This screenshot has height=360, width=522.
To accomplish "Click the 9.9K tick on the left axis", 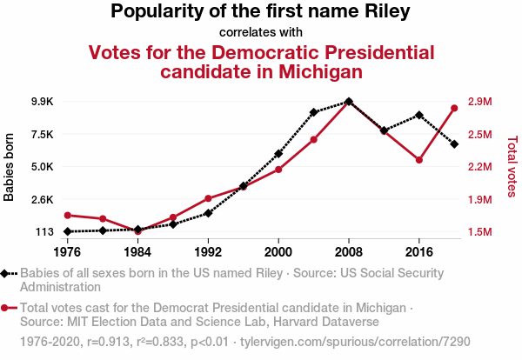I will pyautogui.click(x=42, y=102).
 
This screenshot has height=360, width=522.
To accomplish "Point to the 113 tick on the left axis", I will pyautogui.click(x=44, y=232).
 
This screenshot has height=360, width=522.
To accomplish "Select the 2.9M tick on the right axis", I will pyautogui.click(x=480, y=102).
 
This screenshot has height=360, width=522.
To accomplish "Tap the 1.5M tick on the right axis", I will pyautogui.click(x=480, y=232).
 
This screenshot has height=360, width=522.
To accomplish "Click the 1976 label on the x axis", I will pyautogui.click(x=67, y=251).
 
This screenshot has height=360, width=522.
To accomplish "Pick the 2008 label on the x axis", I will pyautogui.click(x=349, y=251).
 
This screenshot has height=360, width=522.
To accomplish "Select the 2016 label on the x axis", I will pyautogui.click(x=419, y=251).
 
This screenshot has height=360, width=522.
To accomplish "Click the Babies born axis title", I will pyautogui.click(x=10, y=167).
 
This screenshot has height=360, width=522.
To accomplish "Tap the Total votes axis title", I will pyautogui.click(x=512, y=166).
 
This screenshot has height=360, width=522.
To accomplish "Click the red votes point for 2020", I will pyautogui.click(x=454, y=108).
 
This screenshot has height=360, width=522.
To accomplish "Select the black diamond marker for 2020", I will pyautogui.click(x=454, y=143).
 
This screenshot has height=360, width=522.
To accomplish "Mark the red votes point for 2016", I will pyautogui.click(x=419, y=160).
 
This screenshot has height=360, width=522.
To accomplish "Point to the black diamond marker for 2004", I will pyautogui.click(x=314, y=112).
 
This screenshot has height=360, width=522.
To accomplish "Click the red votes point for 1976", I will pyautogui.click(x=67, y=215).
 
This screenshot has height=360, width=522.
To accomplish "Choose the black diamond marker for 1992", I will pyautogui.click(x=208, y=213).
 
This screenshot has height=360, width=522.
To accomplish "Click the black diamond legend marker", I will pyautogui.click(x=6, y=273).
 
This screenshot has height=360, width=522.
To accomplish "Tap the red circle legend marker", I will pyautogui.click(x=6, y=308).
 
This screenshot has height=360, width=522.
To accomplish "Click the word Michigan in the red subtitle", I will pyautogui.click(x=311, y=71).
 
